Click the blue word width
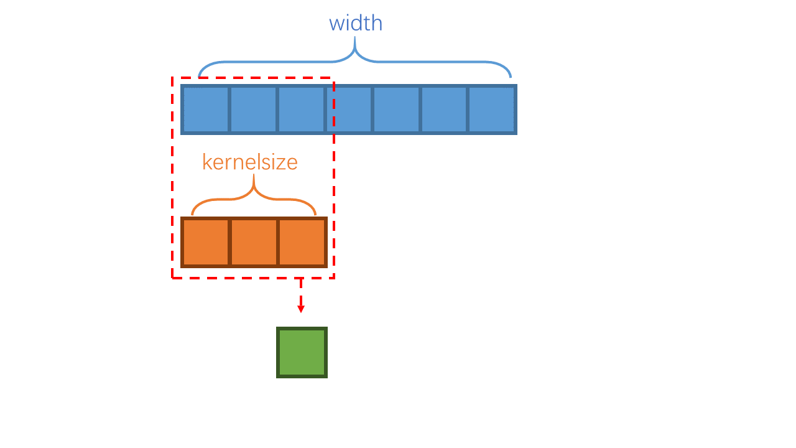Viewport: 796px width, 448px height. click(356, 23)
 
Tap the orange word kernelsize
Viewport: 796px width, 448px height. click(250, 162)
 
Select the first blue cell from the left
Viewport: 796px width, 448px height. click(206, 110)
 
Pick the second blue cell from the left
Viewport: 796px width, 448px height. click(253, 110)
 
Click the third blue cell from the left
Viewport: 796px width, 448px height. click(301, 110)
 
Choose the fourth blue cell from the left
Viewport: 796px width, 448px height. click(349, 110)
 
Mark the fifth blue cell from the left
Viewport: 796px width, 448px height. click(397, 110)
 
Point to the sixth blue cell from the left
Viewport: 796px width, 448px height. click(444, 110)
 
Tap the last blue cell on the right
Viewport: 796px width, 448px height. click(492, 110)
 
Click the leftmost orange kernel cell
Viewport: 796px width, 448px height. click(206, 242)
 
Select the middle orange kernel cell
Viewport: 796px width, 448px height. click(254, 242)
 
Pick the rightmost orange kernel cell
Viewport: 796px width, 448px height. click(302, 242)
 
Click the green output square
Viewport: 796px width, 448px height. click(302, 352)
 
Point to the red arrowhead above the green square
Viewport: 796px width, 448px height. click(301, 309)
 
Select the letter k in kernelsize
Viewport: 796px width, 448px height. click(207, 162)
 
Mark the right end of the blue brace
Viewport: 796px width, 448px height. click(511, 77)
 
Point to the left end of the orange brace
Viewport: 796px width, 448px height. click(192, 215)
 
